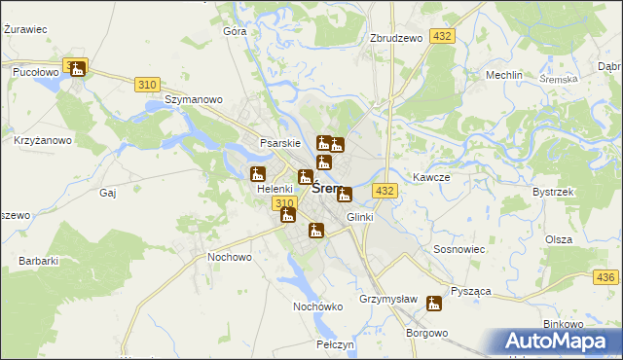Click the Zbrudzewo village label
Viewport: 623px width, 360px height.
point(395,38)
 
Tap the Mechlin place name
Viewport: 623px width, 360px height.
point(504,75)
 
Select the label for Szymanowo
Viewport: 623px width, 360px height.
point(194,99)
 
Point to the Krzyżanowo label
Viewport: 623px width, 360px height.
point(43,140)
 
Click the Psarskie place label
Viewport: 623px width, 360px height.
point(279,143)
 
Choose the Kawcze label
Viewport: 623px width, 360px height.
point(430,177)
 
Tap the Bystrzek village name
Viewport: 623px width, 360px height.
point(552,192)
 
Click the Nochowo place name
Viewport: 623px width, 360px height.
point(230,257)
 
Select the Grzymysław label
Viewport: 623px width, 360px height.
point(387,299)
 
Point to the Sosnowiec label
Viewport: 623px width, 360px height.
point(458,250)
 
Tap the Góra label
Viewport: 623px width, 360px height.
point(235,31)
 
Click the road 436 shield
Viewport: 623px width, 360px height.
point(608,278)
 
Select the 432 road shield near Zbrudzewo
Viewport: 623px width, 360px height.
point(442,36)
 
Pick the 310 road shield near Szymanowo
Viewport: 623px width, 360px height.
point(147,85)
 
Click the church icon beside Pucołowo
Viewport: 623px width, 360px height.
point(76,67)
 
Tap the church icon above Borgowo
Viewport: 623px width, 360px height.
point(433,304)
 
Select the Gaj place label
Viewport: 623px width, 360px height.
point(108,193)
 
